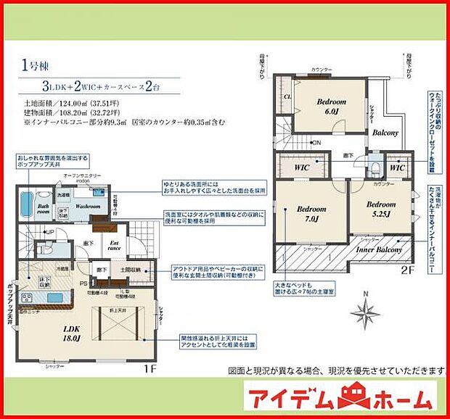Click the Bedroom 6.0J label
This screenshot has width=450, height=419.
point(331,107)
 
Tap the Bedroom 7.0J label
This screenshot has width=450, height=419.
point(307,214)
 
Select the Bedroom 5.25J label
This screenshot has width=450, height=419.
point(380,208)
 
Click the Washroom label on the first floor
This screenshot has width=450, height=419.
point(89,206)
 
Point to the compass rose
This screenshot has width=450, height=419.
point(365,312)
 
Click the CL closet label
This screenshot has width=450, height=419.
point(288,96)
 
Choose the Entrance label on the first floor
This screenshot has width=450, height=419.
point(114,246)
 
